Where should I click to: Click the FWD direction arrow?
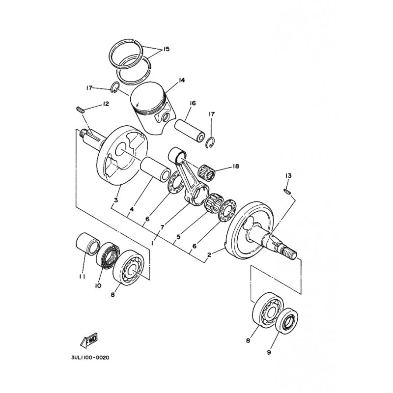(x=89, y=341)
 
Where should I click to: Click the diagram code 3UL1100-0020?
(x=90, y=358)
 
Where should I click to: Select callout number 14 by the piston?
(x=181, y=80)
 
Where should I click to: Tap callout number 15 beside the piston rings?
(x=166, y=49)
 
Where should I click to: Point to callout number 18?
(x=235, y=166)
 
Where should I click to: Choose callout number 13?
(x=288, y=176)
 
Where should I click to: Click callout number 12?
(x=106, y=104)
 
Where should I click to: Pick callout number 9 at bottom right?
(x=269, y=352)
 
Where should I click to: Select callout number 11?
(x=82, y=277)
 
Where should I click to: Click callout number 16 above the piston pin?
(x=193, y=103)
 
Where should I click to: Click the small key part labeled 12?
(x=80, y=110)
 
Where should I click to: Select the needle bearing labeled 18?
(x=207, y=172)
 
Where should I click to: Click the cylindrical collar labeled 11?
(x=88, y=243)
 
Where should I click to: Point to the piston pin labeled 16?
(x=190, y=130)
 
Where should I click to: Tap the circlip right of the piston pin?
(x=210, y=142)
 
